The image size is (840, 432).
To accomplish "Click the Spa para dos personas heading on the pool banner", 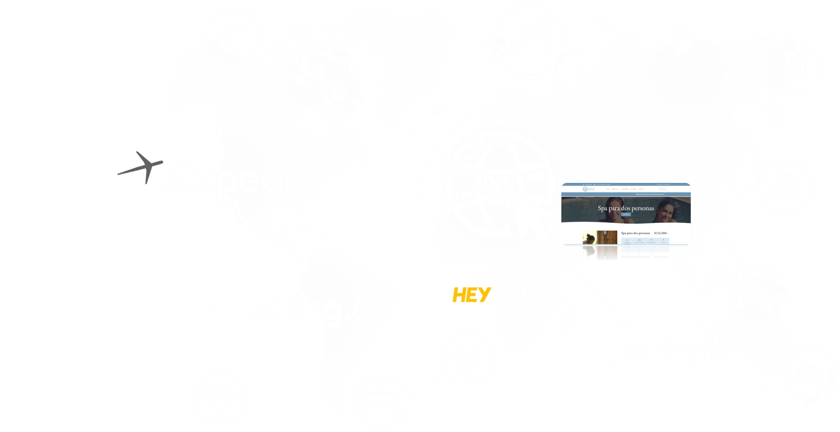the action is tap(625, 209).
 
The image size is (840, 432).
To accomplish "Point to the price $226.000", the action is tap(661, 233).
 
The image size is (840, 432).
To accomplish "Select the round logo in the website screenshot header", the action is tap(585, 190).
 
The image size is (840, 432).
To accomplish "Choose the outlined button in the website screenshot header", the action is tap(663, 189).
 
